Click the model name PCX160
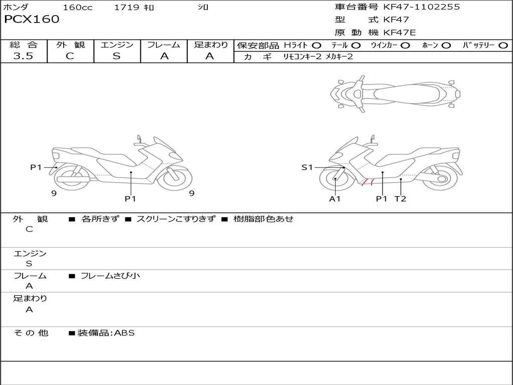tap(32, 19)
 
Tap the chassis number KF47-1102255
tap(421, 7)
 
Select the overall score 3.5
tap(23, 56)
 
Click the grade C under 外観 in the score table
tap(70, 56)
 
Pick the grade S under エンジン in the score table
tap(117, 56)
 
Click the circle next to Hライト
tap(316, 46)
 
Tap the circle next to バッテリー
tap(503, 46)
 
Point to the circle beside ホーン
tap(446, 46)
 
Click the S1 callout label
tap(307, 167)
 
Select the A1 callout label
tap(335, 199)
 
